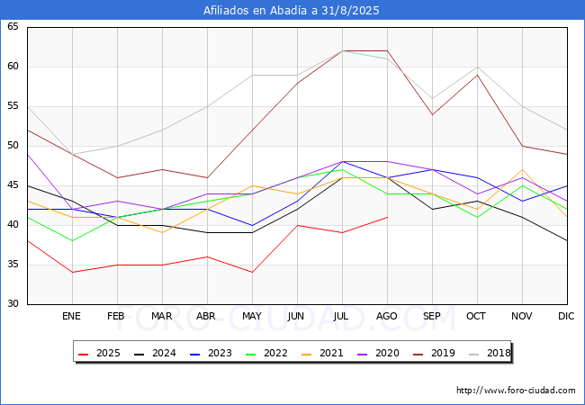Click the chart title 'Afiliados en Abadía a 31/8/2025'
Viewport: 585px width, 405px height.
coord(292,11)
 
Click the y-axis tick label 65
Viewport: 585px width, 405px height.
coord(13,27)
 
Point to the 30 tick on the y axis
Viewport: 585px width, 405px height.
coord(13,304)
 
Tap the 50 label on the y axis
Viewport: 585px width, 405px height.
coord(13,146)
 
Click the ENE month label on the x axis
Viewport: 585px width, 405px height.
coord(72,317)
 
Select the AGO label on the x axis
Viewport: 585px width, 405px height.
coord(387,317)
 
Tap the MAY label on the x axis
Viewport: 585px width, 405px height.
coord(252,317)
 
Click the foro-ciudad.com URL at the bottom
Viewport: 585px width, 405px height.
coord(516,391)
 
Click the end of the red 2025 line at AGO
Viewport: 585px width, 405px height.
coord(387,217)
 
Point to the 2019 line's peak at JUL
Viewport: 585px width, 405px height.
coord(342,50)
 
